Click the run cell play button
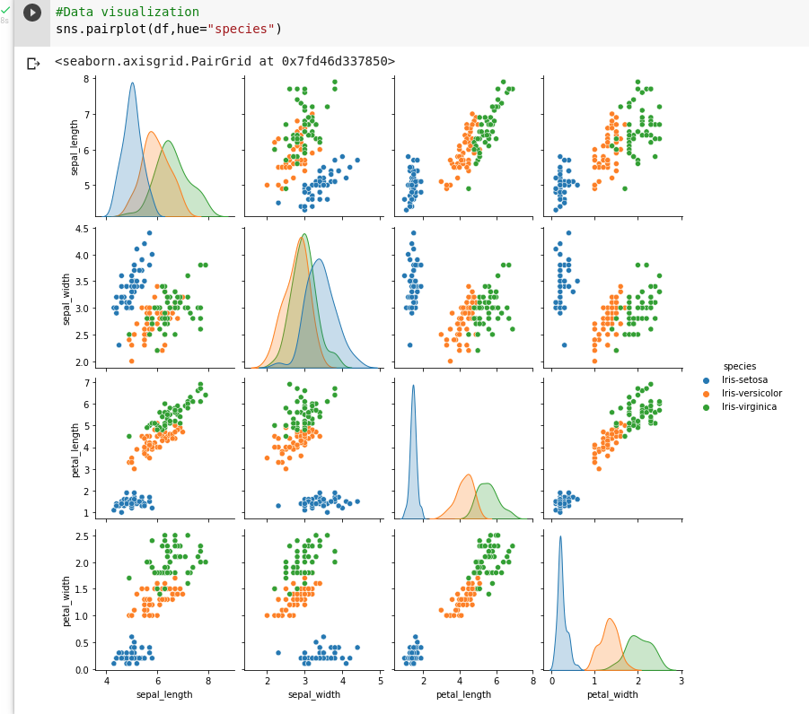[32, 13]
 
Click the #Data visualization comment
[127, 12]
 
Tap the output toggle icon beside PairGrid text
[33, 63]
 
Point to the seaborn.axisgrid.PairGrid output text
[224, 61]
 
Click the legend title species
[739, 366]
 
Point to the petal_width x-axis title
[612, 694]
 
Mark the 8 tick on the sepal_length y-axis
[87, 79]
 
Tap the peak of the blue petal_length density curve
[413, 386]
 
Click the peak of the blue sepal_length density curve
[132, 83]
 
